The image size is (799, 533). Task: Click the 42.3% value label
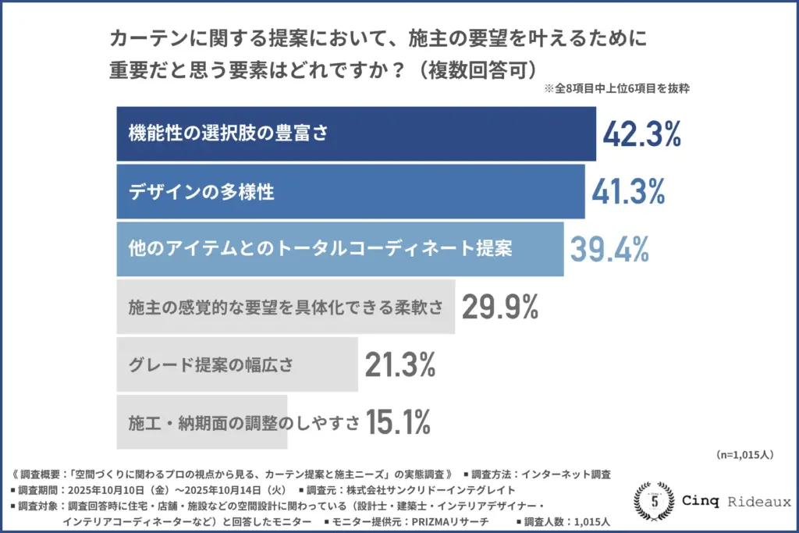pyautogui.click(x=642, y=134)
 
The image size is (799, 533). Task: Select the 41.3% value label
pyautogui.click(x=628, y=191)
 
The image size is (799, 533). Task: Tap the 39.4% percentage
pyautogui.click(x=609, y=249)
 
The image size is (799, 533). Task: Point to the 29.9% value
pyautogui.click(x=500, y=307)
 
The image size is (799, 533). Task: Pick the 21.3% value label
pyautogui.click(x=399, y=364)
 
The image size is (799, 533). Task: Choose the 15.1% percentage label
pyautogui.click(x=398, y=422)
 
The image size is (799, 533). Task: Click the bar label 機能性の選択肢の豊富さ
pyautogui.click(x=227, y=133)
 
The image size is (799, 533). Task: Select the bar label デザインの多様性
pyautogui.click(x=201, y=191)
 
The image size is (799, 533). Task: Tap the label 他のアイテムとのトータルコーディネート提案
pyautogui.click(x=320, y=249)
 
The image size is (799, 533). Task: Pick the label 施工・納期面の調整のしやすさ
pyautogui.click(x=244, y=422)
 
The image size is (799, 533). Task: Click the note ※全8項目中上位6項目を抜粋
pyautogui.click(x=616, y=89)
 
